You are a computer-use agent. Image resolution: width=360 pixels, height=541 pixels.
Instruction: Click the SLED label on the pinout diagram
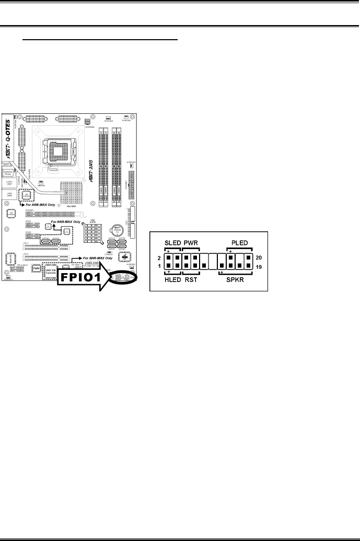coord(173,242)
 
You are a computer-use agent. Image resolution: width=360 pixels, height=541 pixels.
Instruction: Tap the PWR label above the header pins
coord(191,242)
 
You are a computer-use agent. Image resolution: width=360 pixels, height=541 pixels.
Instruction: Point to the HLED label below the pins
coord(173,280)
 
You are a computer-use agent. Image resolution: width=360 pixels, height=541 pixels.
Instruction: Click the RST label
coord(191,280)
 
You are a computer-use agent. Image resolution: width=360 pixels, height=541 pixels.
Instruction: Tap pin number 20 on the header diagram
coord(259,257)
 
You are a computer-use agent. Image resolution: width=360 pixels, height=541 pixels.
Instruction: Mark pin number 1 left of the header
coord(159,266)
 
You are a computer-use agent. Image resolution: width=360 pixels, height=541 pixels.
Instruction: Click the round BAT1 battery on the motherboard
coord(116,230)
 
